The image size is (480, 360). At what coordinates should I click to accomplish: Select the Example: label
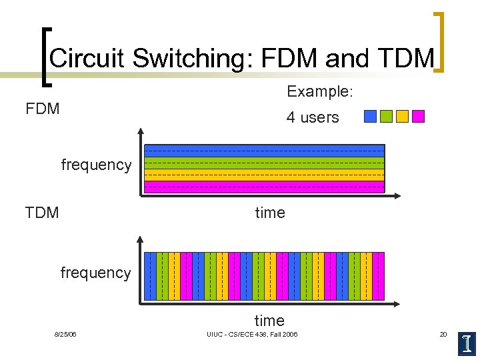tap(318, 91)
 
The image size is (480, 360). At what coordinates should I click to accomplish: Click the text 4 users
tap(313, 117)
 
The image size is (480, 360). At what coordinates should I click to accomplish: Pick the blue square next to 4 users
tap(370, 117)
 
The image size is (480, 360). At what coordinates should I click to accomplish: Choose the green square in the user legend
tap(386, 117)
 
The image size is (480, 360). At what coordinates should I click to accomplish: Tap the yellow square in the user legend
tap(402, 117)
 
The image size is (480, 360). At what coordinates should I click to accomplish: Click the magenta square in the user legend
tap(418, 117)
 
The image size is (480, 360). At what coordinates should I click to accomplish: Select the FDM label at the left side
tap(43, 108)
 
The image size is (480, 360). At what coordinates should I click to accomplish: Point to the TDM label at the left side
tap(42, 213)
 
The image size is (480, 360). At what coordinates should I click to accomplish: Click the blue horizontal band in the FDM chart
tap(264, 151)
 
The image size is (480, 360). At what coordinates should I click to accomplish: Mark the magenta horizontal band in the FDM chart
tap(264, 187)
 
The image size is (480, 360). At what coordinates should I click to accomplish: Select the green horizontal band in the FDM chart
tap(264, 163)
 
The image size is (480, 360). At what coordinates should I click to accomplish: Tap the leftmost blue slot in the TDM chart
tap(151, 275)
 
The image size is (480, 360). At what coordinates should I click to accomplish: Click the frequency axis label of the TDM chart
tap(95, 273)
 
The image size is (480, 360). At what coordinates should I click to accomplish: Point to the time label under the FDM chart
tap(269, 213)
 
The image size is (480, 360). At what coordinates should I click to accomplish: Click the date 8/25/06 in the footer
tap(65, 334)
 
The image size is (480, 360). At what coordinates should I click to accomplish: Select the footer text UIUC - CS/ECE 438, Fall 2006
tap(252, 334)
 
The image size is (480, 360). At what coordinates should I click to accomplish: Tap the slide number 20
tap(443, 334)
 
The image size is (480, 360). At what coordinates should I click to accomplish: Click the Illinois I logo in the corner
tap(467, 343)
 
